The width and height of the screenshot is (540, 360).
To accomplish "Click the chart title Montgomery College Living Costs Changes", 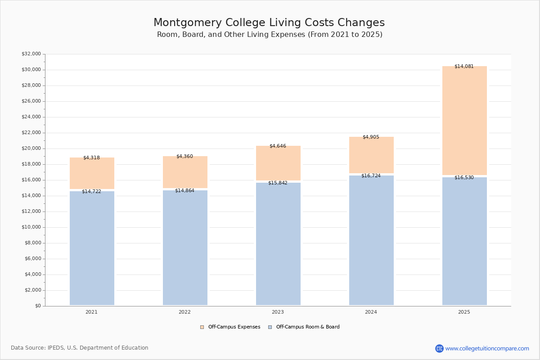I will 269,23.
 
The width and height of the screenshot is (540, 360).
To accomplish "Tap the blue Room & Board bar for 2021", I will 92,248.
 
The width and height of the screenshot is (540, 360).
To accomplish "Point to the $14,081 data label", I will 464,67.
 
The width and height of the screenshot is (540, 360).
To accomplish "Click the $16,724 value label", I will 371,176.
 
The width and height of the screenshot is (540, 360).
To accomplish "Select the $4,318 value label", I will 91,158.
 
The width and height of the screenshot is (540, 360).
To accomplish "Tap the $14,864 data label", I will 184,191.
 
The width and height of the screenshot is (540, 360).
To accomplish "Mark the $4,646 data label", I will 278,146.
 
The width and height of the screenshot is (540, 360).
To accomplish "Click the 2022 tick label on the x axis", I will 184,312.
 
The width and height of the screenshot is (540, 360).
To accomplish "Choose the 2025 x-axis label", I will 464,312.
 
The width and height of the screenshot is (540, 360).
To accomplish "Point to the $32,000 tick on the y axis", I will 31,54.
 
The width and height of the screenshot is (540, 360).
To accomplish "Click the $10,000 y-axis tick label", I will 31,227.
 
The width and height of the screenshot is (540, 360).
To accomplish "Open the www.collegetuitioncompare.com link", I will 487,348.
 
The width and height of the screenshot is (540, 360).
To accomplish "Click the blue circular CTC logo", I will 439,348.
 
